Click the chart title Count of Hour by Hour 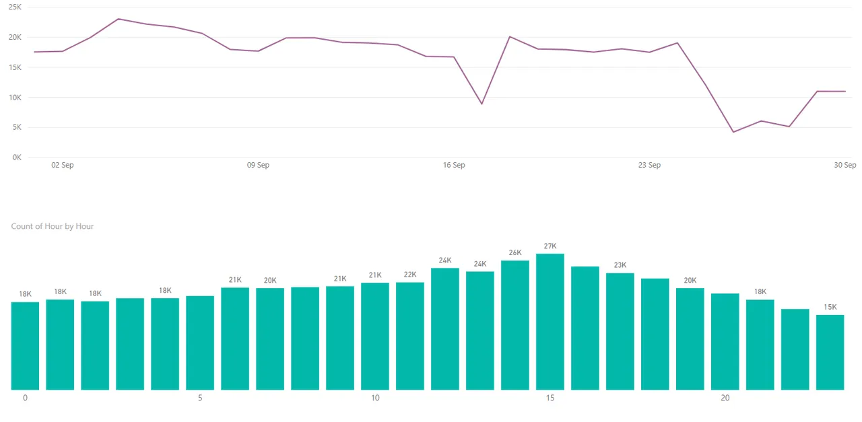53,226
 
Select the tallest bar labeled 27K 550,322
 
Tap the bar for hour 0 25,346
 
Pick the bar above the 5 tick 200,343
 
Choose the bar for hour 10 375,337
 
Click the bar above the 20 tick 725,342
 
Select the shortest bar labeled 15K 830,353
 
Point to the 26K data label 515,253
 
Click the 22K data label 410,275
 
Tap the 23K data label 620,265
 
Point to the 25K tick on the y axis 15,7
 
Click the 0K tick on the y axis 17,157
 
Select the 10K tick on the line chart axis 15,98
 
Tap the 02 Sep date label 63,165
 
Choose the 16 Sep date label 454,165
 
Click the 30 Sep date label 845,165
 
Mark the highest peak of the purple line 119,19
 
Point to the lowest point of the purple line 733,132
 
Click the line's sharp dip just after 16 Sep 482,104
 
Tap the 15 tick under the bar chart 550,398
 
